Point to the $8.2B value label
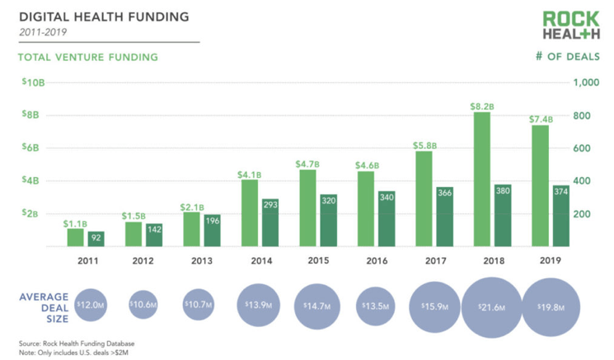click(482, 106)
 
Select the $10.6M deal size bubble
click(143, 305)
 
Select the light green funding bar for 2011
click(76, 237)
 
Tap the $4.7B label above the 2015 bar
click(308, 164)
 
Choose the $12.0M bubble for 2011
click(91, 305)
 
